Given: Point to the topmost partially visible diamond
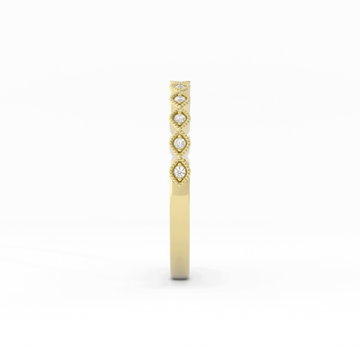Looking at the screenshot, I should [180, 85].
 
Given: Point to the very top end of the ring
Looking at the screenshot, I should [180, 80].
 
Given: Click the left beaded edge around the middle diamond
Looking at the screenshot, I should [170, 118].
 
